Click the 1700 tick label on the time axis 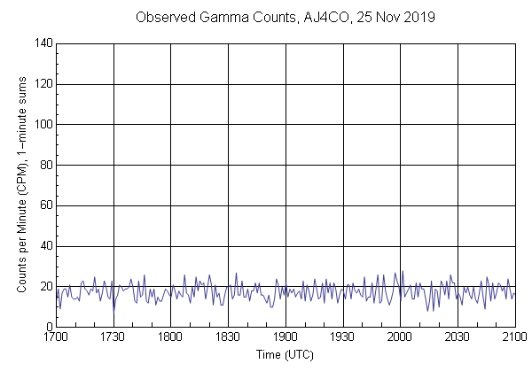pos(56,337)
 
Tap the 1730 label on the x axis pos(113,337)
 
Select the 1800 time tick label pos(171,337)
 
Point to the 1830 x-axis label pos(228,337)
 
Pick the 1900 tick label pos(286,337)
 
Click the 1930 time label pos(343,337)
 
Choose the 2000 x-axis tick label pos(400,337)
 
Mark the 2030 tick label pos(458,337)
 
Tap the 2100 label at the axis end pos(514,337)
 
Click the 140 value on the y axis pos(43,43)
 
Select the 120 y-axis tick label pos(43,84)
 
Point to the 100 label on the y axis pos(43,125)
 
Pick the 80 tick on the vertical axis pos(46,165)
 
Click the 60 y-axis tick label pos(46,205)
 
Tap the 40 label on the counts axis pos(46,246)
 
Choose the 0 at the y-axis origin pos(49,327)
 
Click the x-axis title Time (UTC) pos(285,354)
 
